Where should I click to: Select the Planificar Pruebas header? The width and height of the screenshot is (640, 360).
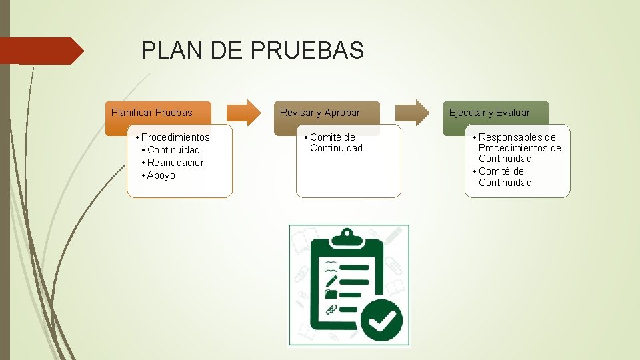[x=152, y=113]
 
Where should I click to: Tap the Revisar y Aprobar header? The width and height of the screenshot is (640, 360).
[x=320, y=113]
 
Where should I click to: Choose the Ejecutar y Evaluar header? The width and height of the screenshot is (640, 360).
[x=489, y=113]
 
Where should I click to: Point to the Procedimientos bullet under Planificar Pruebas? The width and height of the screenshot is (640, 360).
[x=175, y=137]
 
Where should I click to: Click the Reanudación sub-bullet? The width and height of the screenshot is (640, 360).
[x=177, y=163]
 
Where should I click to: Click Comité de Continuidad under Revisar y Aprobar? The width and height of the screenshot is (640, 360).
[x=335, y=143]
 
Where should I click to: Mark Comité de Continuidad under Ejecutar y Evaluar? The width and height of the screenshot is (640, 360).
[x=505, y=177]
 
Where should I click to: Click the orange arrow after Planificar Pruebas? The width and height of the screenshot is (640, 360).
[x=245, y=112]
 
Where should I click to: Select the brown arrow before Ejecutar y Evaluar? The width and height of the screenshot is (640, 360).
[x=413, y=112]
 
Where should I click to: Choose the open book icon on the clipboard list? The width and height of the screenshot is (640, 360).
[x=331, y=267]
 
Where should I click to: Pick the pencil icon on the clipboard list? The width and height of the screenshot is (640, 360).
[x=331, y=281]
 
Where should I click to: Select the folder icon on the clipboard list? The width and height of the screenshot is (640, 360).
[x=331, y=294]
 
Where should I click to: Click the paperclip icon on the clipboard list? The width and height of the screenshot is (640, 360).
[x=331, y=309]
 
